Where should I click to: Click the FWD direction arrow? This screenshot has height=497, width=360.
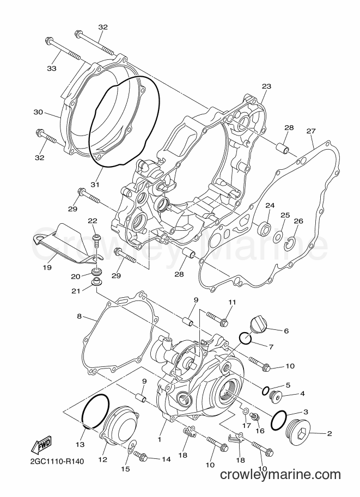[x=41, y=444]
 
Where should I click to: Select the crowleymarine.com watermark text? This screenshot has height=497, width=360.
[x=280, y=475]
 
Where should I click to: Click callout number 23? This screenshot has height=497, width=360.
[x=266, y=86]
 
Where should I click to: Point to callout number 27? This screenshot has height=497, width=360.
[x=311, y=131]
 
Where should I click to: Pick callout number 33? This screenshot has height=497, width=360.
[x=52, y=68]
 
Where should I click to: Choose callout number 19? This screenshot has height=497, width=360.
[x=47, y=267]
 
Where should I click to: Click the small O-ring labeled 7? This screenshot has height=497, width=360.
[x=245, y=339]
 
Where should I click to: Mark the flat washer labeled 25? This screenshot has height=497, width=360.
[x=278, y=236]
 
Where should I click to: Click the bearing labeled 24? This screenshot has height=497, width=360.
[x=264, y=228]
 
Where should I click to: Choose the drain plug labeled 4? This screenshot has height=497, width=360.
[x=274, y=395]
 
